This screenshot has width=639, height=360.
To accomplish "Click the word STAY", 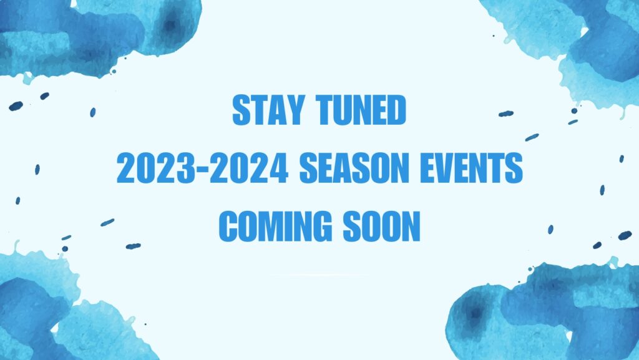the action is click(268, 110).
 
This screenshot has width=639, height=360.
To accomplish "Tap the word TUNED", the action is click(361, 110).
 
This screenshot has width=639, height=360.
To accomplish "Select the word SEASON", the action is click(354, 168).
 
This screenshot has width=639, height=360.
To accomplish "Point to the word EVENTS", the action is click(472, 168).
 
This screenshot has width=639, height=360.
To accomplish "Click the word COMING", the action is click(275, 226).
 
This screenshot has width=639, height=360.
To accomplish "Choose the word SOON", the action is click(381, 226).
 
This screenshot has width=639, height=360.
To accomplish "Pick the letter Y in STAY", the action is click(295, 110).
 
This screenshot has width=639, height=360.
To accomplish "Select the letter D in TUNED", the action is click(396, 110).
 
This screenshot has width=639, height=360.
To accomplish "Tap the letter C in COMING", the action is click(229, 226).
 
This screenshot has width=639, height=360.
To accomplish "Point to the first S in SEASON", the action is click(308, 168).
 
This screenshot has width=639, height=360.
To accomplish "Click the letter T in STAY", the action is click(259, 110).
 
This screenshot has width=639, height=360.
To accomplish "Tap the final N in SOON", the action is click(411, 226).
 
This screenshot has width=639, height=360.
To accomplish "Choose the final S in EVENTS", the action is click(514, 168).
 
